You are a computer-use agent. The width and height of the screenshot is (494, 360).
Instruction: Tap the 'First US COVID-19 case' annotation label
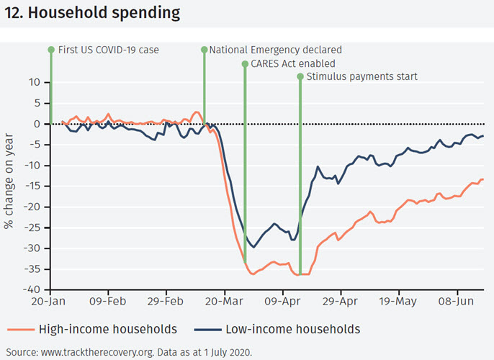[107, 50]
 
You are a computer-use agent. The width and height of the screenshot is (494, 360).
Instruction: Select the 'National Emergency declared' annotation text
[275, 50]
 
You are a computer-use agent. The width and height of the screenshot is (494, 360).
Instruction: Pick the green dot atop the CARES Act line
[245, 63]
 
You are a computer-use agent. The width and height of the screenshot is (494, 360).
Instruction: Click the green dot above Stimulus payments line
[300, 76]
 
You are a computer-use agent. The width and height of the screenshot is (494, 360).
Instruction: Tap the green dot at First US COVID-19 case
[51, 50]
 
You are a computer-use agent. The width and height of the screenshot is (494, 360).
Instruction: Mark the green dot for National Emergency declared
[204, 50]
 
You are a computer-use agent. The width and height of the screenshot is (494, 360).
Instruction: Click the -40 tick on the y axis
[33, 290]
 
